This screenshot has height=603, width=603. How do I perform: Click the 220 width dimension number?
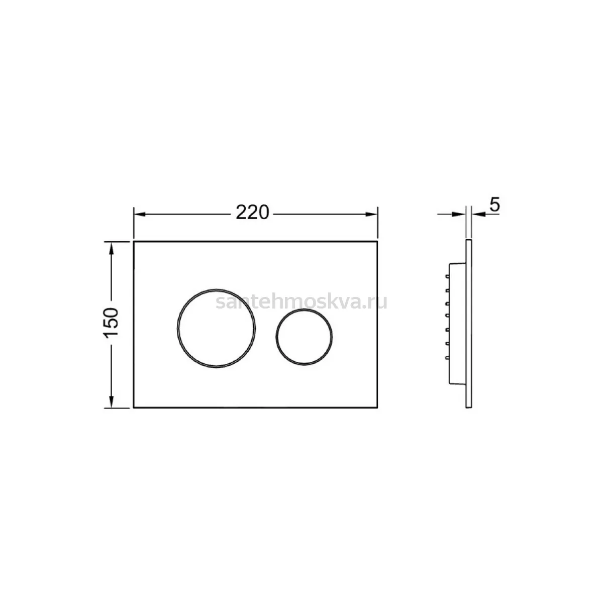point(252,213)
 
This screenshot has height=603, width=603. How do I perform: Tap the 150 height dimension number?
point(111,322)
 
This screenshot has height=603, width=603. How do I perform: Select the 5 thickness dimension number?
point(495,205)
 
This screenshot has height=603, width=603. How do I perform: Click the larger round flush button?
point(216,328)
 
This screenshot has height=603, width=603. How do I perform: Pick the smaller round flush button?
point(304,337)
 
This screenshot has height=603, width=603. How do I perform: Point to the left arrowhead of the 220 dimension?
point(140,215)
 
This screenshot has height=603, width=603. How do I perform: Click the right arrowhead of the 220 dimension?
point(371,215)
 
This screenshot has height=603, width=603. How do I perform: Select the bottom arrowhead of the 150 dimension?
point(111,401)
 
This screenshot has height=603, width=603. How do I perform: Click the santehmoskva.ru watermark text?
point(301,302)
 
